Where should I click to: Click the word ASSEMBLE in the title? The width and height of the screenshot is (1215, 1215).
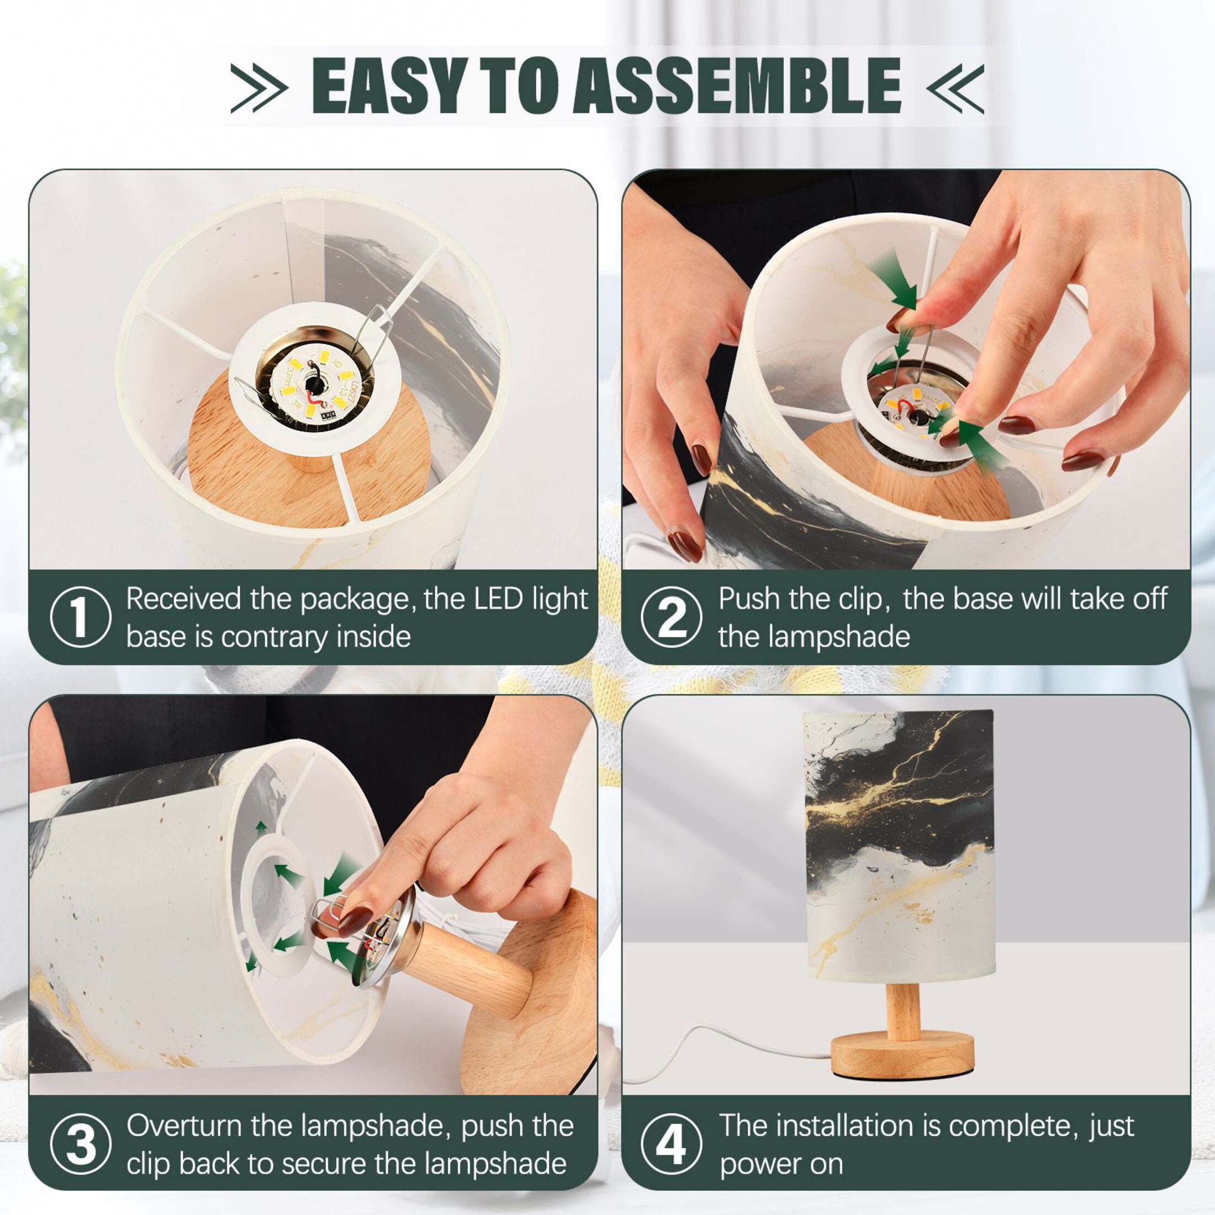pyautogui.click(x=736, y=86)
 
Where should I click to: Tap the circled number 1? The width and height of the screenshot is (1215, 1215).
pyautogui.click(x=81, y=617)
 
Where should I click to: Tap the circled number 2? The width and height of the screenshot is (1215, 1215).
pyautogui.click(x=672, y=617)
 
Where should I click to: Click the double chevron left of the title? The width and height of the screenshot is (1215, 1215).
pyautogui.click(x=259, y=88)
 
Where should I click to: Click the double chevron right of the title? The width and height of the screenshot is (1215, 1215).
pyautogui.click(x=955, y=88)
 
